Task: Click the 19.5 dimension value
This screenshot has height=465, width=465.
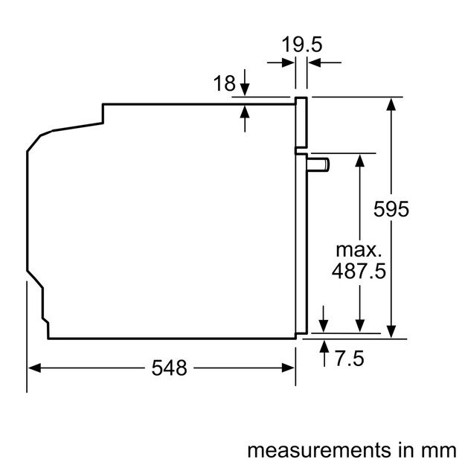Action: (x=301, y=45)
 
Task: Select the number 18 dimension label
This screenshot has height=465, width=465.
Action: (x=224, y=84)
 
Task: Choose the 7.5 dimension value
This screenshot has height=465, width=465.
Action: (x=348, y=359)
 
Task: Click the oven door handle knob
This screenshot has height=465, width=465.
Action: (x=321, y=163)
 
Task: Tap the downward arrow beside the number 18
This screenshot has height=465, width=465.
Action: (x=246, y=90)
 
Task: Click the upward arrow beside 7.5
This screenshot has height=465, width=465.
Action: (x=324, y=347)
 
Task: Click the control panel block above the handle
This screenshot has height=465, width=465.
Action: (x=301, y=123)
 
